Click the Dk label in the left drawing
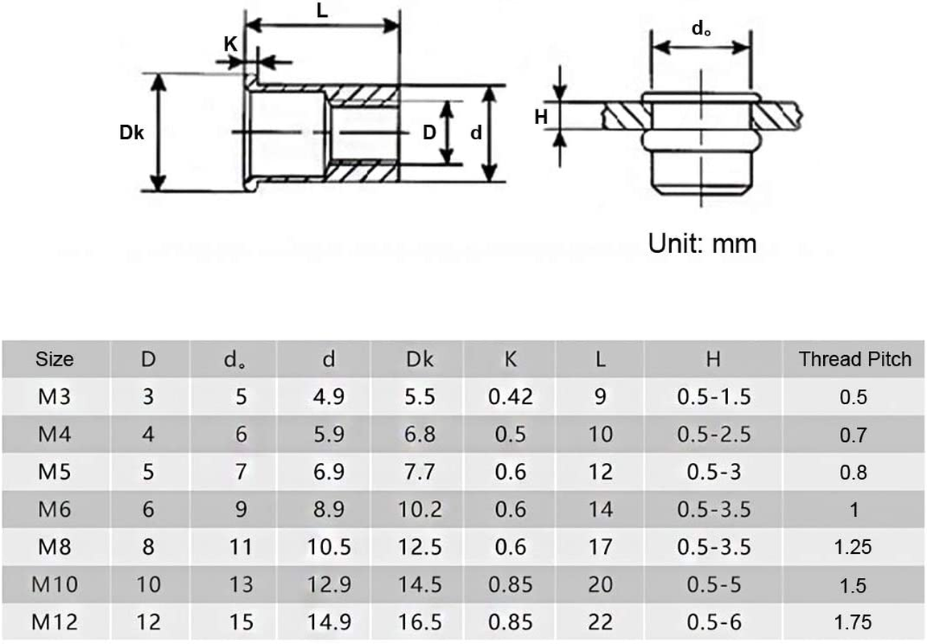coord(131,133)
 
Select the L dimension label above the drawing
coord(321,11)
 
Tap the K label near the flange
coord(231,43)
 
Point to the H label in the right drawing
coord(541,118)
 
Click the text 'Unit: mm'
coord(702,243)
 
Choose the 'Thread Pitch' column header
coord(855,359)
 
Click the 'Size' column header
coord(55,359)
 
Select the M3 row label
coord(55,397)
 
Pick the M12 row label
coord(55,622)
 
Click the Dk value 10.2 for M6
coord(420,510)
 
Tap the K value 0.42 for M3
coord(511,397)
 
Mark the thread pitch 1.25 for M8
coord(854,547)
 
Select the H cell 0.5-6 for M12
coord(714,622)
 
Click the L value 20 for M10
coord(600,584)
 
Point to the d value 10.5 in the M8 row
coord(329,547)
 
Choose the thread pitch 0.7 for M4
coord(854,435)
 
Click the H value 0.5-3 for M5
coord(714,472)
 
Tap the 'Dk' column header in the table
coord(420,359)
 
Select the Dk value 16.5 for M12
coord(420,622)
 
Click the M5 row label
coord(55,472)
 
